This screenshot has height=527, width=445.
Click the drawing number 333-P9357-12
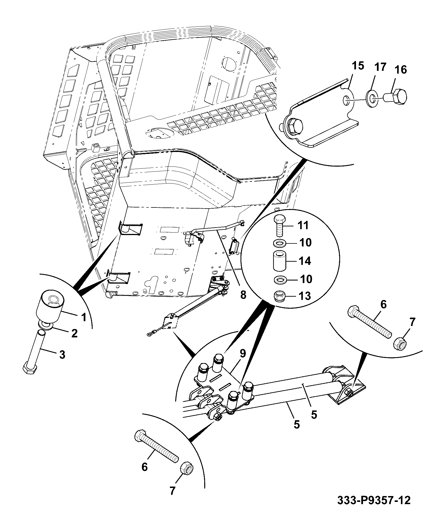374,500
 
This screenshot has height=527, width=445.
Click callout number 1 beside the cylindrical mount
84,317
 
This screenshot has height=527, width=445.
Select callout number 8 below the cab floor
243,295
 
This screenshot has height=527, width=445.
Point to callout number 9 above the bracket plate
243,354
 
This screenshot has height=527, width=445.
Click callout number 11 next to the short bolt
303,225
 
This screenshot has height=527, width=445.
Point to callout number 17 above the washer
380,67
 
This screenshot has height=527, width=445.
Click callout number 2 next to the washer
74,333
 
